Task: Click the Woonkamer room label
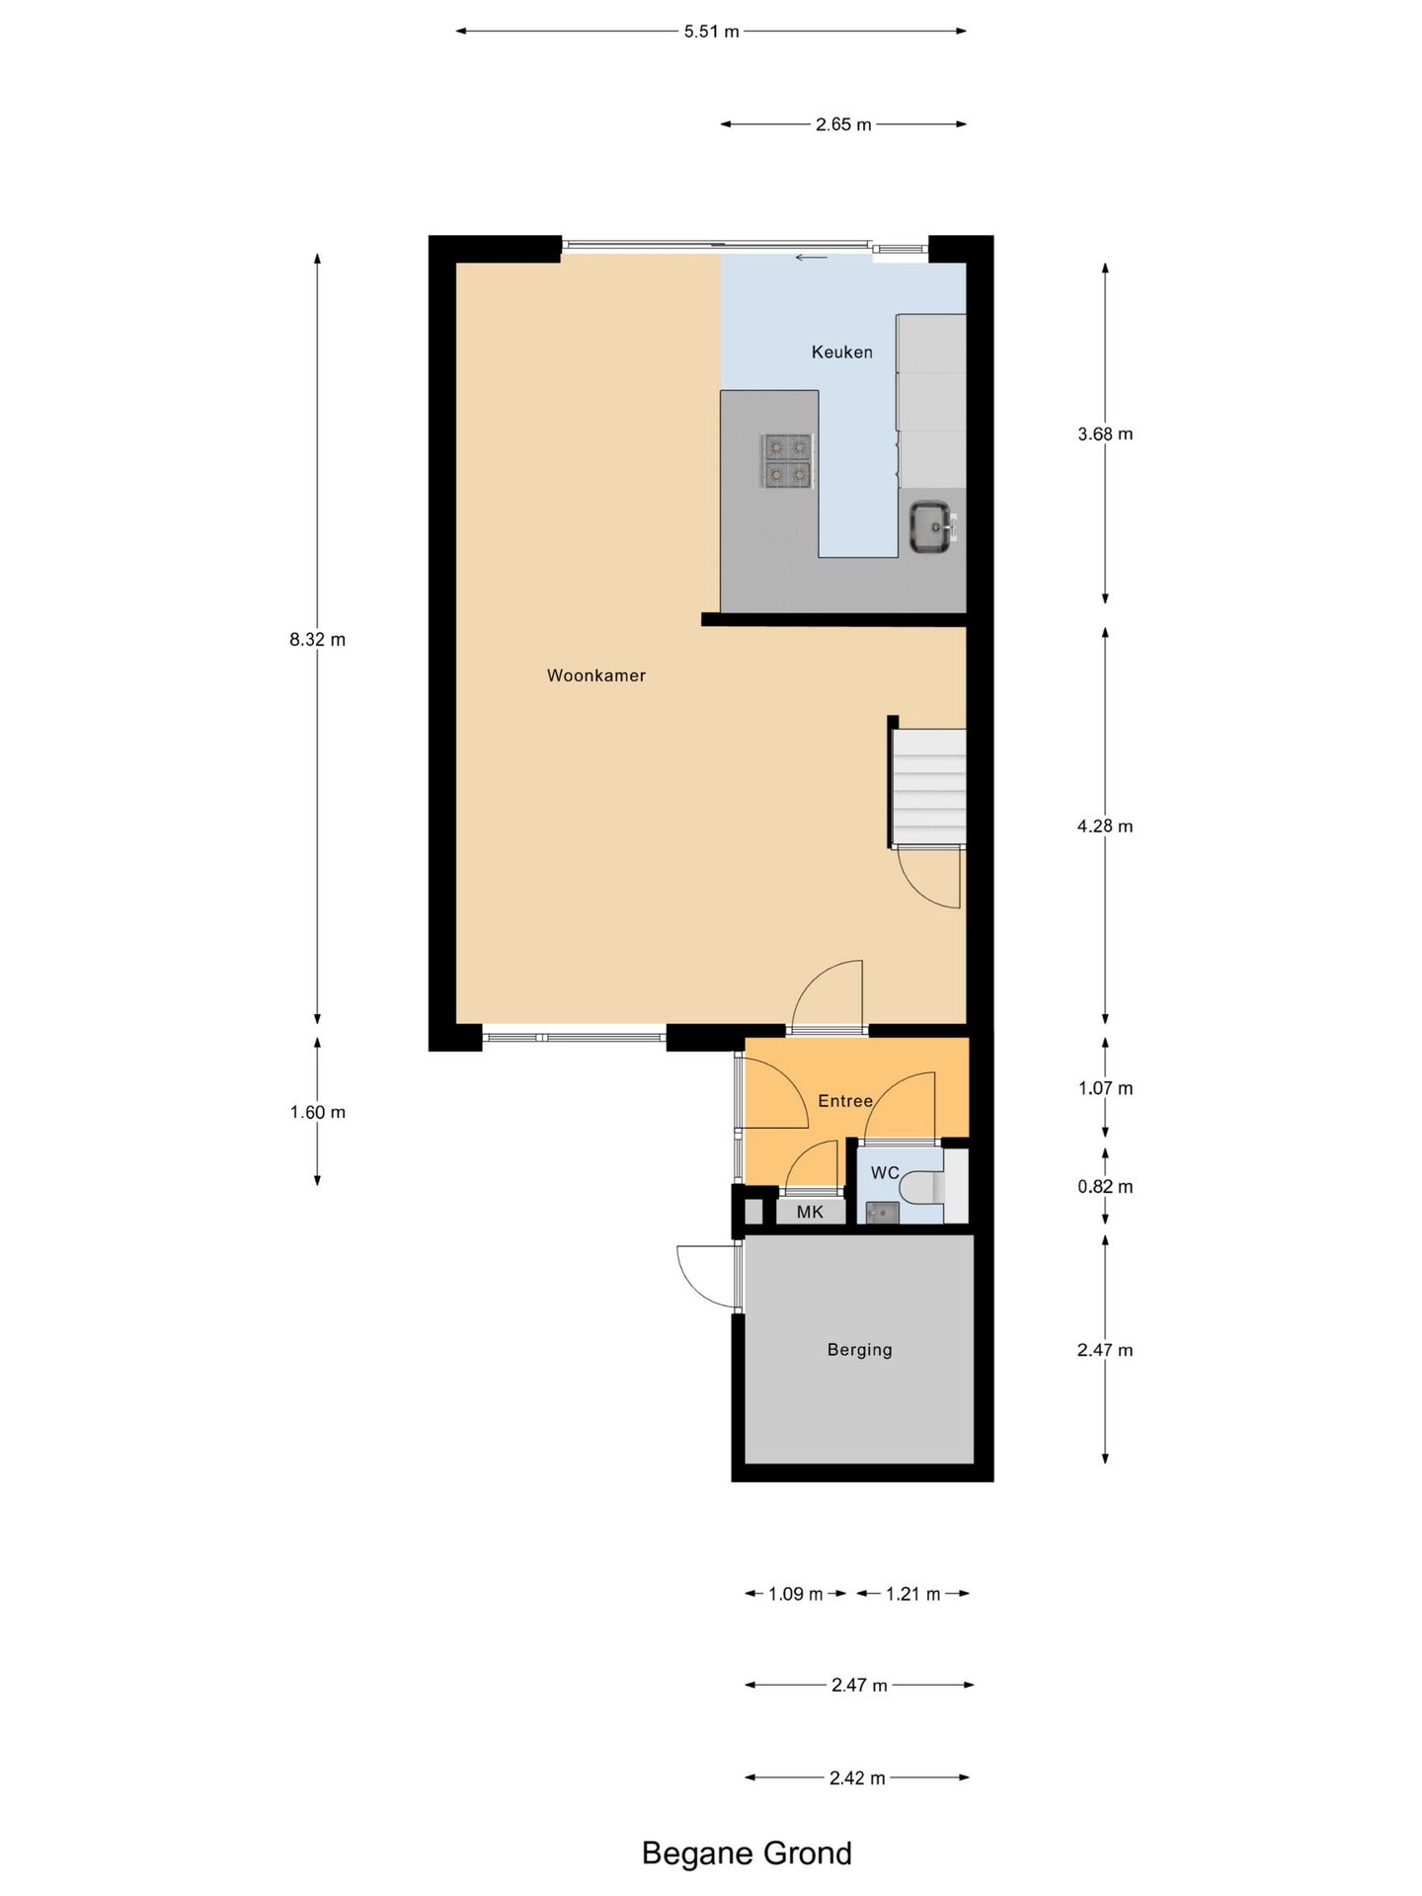pos(595,675)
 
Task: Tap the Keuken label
pos(841,352)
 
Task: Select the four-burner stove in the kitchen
pos(788,461)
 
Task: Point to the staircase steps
pos(928,787)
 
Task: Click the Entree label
pos(844,1101)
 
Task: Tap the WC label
pos(884,1172)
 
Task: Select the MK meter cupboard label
pos(810,1212)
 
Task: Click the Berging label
pos(859,1350)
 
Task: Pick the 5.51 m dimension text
pos(711,32)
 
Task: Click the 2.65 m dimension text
pos(843,124)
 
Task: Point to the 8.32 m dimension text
pos(317,639)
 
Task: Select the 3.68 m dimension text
pos(1105,434)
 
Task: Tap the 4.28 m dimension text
pos(1105,827)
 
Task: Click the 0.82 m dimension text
pos(1105,1187)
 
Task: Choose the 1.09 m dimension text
pos(795,1594)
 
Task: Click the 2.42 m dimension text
pos(857,1778)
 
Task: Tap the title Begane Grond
pos(747,1853)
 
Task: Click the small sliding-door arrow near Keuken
pos(812,259)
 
